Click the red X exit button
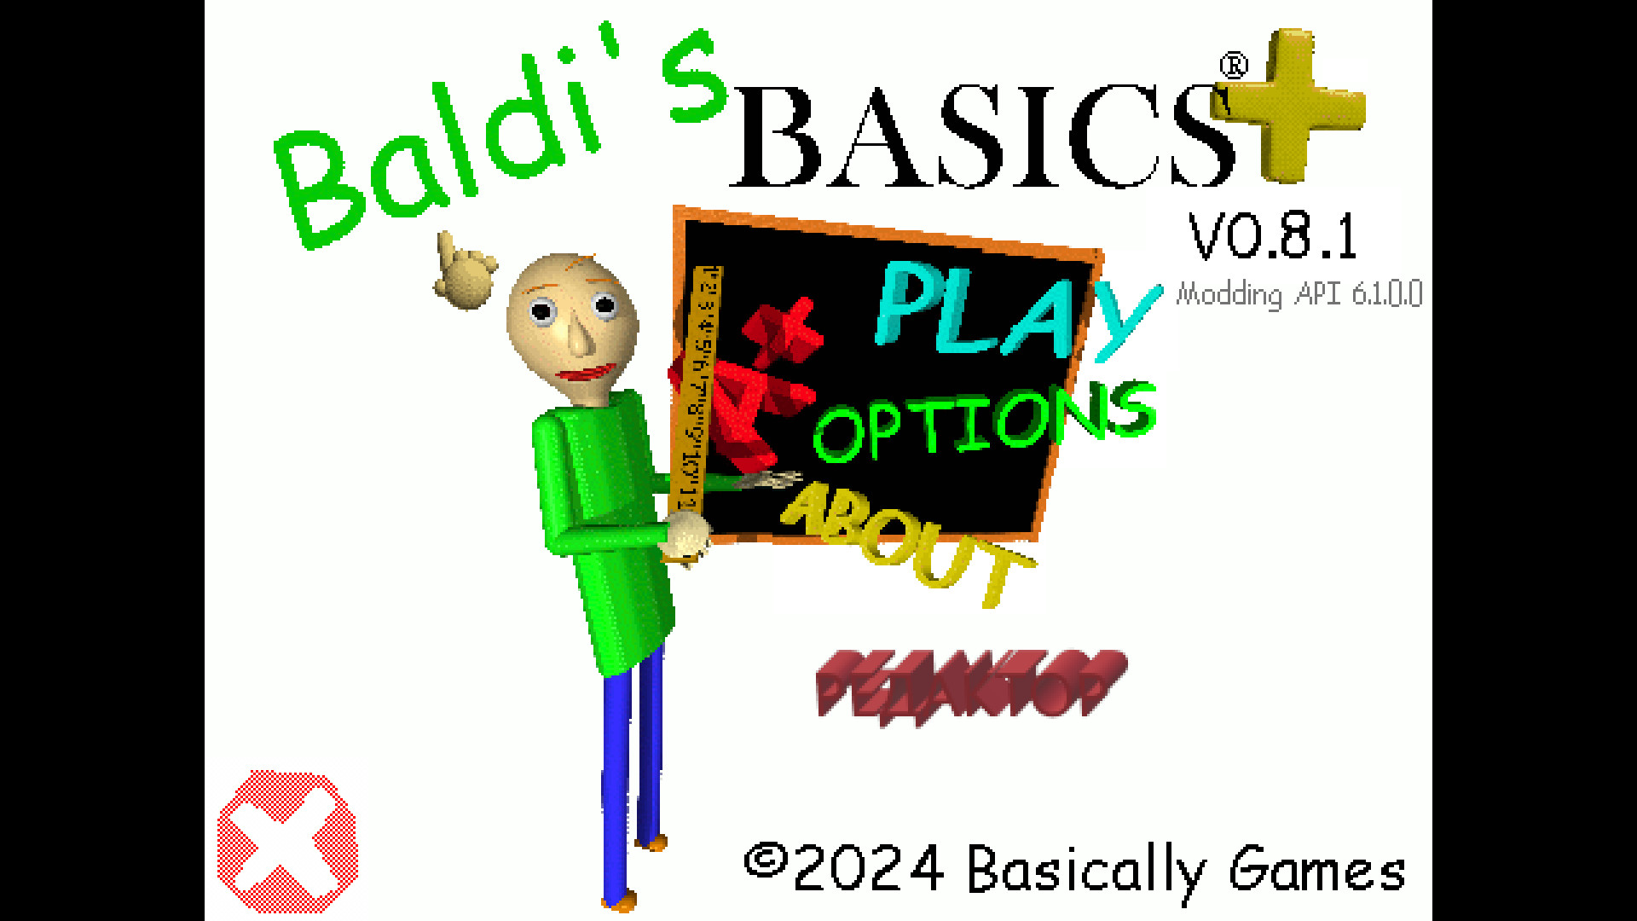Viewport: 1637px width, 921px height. pos(287,842)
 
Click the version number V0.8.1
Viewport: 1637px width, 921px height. pos(1272,236)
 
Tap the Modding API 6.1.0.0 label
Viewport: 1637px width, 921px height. pos(1298,294)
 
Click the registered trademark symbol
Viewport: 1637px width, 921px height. pos(1234,66)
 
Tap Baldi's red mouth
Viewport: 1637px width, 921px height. pos(588,373)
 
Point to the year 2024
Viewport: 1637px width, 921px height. pos(868,870)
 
